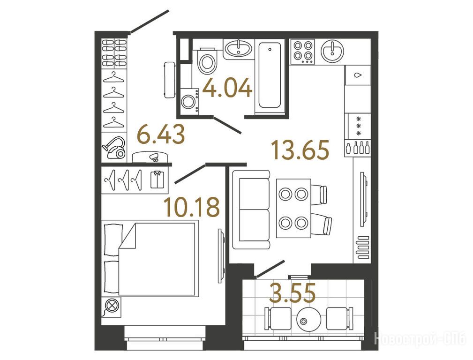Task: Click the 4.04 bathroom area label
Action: [227, 88]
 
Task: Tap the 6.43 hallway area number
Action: [161, 135]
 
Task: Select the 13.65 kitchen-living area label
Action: [300, 150]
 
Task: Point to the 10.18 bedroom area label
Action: [192, 207]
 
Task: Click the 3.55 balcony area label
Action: [293, 292]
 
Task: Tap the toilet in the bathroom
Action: [207, 61]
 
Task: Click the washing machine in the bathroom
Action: [190, 102]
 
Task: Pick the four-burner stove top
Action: [302, 51]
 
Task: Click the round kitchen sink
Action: [332, 52]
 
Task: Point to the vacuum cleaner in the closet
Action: [115, 148]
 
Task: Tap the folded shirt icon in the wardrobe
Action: [156, 180]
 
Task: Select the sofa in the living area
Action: [251, 210]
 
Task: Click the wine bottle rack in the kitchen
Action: [358, 149]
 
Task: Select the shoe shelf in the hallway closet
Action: [114, 53]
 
